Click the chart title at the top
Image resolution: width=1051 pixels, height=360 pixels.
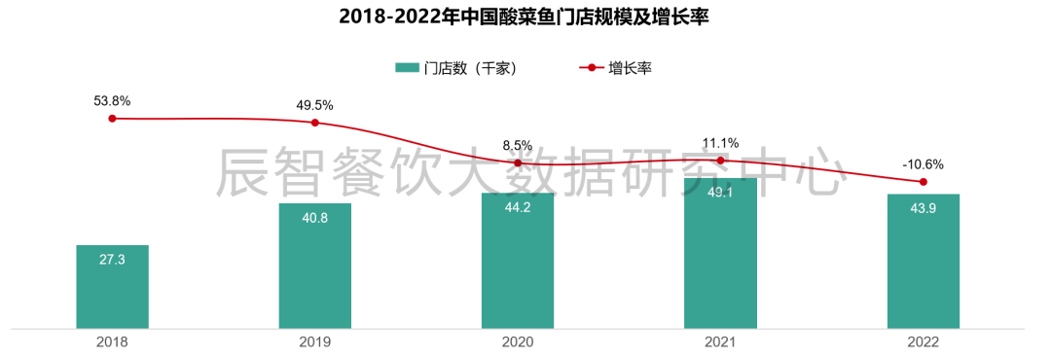coord(525,18)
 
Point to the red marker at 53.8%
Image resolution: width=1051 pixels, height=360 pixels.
coord(112,119)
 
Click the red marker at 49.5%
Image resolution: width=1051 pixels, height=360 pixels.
coord(314,123)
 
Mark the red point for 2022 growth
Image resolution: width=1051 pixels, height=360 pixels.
coord(923,182)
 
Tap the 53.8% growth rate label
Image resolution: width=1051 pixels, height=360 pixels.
coord(112,100)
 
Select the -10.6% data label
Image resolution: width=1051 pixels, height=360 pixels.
coord(923,163)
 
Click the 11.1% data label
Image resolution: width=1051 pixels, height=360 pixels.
coord(720,142)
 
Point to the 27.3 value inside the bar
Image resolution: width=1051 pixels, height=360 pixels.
coord(112,260)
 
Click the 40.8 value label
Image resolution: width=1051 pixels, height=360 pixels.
coord(314,218)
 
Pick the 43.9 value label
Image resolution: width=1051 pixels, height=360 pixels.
coord(923,208)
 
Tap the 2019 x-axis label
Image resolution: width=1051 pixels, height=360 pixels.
coord(314,342)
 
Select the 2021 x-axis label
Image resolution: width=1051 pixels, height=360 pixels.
coord(720,342)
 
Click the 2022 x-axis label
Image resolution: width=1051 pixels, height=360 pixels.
coord(923,342)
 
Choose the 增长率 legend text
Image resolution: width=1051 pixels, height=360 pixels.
coord(630,68)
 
